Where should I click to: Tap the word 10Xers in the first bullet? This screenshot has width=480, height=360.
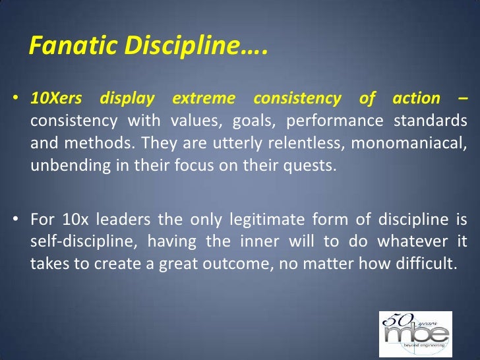point(56,99)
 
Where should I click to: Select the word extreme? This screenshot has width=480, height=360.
point(204,99)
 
